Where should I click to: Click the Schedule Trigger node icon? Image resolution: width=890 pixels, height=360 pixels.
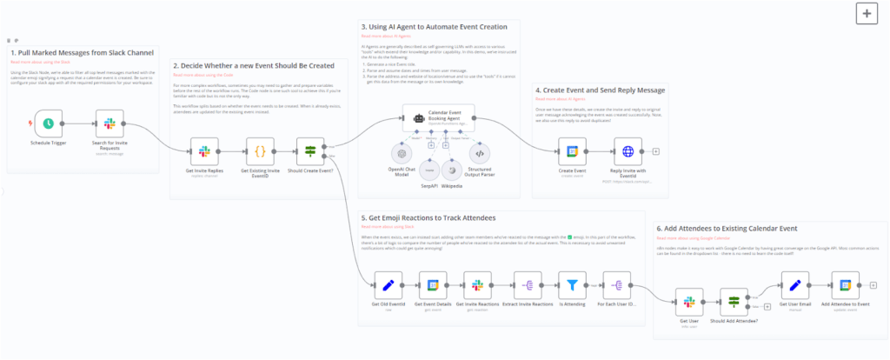50,123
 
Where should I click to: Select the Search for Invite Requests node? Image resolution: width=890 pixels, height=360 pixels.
110,123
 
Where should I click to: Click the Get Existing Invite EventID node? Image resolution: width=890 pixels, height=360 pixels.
259,151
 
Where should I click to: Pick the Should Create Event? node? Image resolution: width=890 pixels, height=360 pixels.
310,151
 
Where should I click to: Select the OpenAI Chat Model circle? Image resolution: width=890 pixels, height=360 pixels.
402,153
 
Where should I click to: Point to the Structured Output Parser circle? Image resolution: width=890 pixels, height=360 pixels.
479,153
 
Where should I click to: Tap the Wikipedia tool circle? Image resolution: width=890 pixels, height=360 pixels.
452,167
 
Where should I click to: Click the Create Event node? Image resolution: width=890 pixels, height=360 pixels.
572,151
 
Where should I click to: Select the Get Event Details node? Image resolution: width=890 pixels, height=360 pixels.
432,284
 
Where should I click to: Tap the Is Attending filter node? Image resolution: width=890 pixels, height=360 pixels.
570,284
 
